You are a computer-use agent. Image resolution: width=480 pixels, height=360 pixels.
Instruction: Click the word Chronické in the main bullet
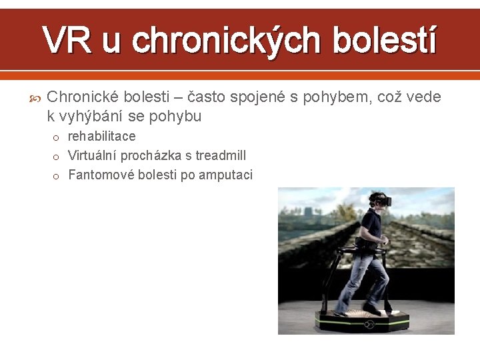coord(82,97)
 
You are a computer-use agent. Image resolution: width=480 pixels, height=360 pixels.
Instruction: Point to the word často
coord(207,97)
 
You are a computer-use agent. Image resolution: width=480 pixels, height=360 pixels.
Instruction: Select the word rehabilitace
coord(101,137)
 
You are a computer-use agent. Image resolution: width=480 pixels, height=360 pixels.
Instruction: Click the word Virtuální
coord(93,155)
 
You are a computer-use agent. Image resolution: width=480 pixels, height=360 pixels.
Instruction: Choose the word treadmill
coord(221,155)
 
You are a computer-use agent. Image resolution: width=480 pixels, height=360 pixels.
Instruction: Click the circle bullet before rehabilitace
coord(57,137)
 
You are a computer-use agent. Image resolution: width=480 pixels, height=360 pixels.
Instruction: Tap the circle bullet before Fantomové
coord(57,176)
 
